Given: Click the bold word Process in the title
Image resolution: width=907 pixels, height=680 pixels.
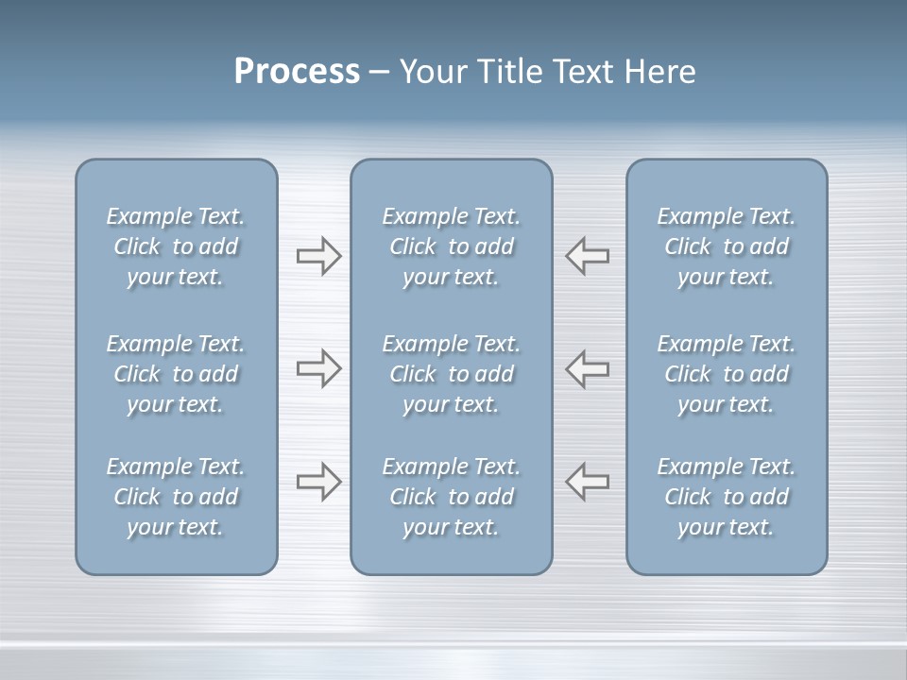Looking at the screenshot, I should tap(297, 72).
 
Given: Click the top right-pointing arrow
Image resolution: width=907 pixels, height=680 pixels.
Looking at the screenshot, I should tap(319, 256).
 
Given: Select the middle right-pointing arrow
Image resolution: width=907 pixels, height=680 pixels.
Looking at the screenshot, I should tap(319, 368).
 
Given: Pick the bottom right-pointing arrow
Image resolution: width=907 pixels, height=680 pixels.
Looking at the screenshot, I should tap(319, 482).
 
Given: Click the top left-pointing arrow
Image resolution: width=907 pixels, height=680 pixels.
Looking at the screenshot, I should tap(587, 256).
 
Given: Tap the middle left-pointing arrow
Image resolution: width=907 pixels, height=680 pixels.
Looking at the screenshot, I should tap(587, 368).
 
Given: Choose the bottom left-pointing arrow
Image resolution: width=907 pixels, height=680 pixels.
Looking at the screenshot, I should tap(587, 481).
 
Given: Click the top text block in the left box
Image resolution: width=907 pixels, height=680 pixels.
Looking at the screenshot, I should tap(176, 246).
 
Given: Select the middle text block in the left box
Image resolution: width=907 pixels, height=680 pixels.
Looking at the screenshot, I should tap(176, 374).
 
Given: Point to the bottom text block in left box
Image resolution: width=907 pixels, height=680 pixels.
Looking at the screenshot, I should tap(176, 497).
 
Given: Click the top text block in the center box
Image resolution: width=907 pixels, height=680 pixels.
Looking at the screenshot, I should tap(452, 246).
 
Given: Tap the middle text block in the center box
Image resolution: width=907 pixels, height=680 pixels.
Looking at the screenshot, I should tap(452, 374).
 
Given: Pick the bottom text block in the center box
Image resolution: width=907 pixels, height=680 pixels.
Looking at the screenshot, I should tap(452, 497).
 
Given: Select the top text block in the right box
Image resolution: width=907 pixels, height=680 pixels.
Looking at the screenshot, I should tap(727, 246).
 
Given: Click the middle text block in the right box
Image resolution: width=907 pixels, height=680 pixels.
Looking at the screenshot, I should tap(727, 374).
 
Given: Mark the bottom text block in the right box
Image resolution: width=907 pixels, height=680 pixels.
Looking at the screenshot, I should tap(727, 497).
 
